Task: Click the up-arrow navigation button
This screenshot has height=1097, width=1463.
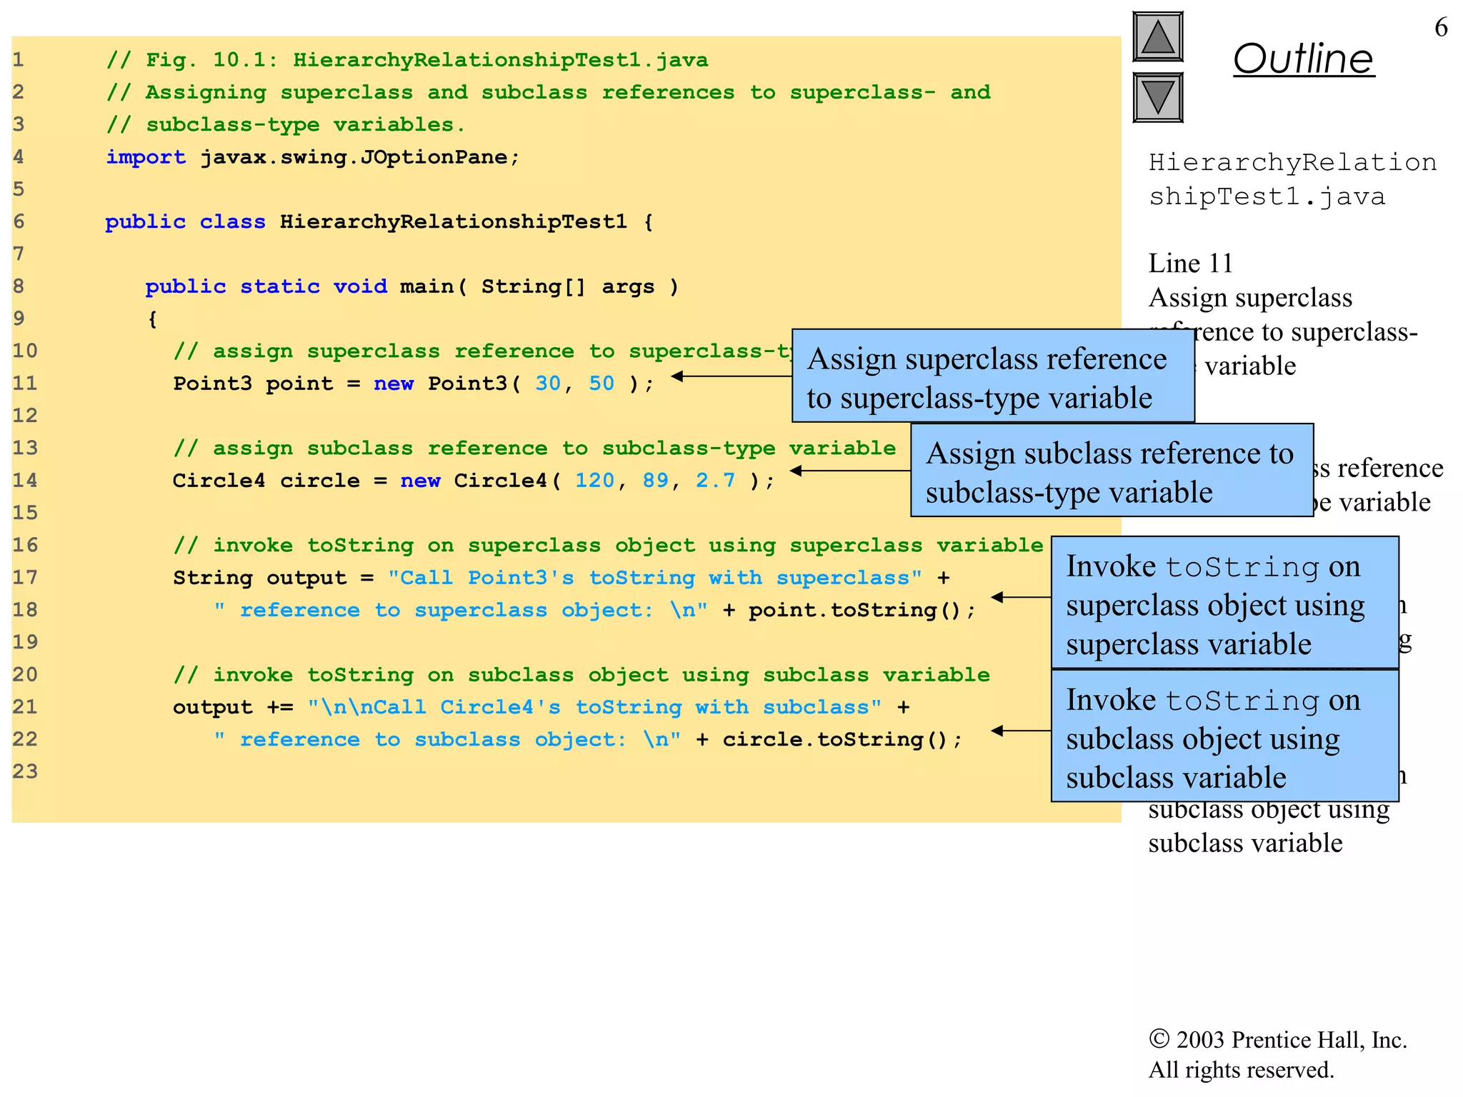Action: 1157,37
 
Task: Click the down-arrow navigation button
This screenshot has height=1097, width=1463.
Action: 1157,97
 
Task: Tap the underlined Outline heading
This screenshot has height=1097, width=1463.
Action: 1303,59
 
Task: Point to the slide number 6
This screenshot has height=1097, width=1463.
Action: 1441,28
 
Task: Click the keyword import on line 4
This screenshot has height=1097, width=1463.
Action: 146,157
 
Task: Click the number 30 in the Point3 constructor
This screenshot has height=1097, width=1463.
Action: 548,384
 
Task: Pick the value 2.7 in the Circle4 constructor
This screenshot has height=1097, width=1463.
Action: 715,481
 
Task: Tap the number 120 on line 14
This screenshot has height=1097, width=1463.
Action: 594,481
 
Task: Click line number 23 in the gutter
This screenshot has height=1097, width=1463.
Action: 25,771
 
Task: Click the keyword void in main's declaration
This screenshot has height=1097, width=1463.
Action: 360,286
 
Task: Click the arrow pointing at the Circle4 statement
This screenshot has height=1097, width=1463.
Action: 849,471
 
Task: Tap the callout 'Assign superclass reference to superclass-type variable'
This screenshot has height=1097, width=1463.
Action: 992,376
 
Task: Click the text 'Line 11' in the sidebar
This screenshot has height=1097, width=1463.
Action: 1190,264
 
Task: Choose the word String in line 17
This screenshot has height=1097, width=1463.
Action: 213,578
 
